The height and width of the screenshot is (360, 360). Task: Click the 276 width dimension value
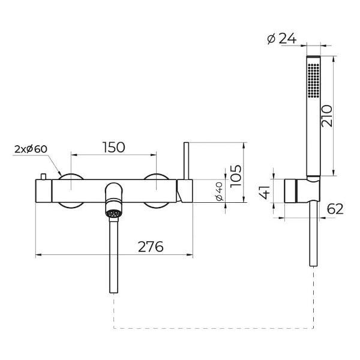click(x=151, y=247)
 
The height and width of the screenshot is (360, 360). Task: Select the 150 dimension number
click(x=113, y=148)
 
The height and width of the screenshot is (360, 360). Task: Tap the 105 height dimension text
click(x=236, y=176)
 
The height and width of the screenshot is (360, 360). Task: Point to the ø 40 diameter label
click(x=220, y=191)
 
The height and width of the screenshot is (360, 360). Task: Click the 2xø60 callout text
click(x=31, y=149)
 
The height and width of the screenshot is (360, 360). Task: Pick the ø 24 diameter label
click(x=282, y=38)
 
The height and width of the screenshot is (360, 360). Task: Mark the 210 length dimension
click(x=327, y=116)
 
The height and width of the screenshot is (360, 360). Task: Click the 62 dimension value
click(x=335, y=209)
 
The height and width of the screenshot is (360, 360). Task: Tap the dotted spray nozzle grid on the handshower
click(x=313, y=80)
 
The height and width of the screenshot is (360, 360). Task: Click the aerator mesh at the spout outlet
click(x=113, y=213)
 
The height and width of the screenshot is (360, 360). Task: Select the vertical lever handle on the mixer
click(x=186, y=161)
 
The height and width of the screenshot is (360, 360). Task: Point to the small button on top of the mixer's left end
click(x=43, y=176)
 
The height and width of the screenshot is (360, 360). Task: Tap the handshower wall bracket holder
click(x=302, y=191)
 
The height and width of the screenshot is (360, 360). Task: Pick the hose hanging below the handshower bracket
click(x=314, y=235)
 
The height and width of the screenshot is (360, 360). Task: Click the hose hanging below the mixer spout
click(x=113, y=255)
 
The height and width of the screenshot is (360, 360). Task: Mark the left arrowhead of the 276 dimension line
click(x=38, y=254)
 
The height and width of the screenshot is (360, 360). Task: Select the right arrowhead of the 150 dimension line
click(x=154, y=155)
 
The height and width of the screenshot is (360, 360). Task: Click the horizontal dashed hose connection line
click(x=214, y=328)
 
